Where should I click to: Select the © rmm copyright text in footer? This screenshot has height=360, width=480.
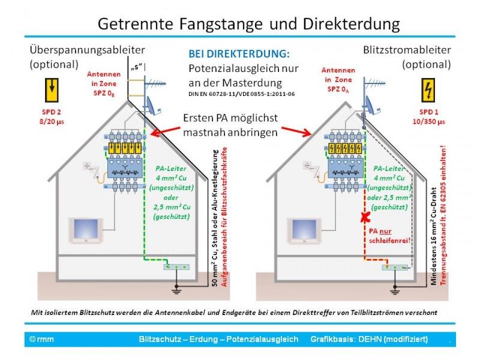coord(41,340)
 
